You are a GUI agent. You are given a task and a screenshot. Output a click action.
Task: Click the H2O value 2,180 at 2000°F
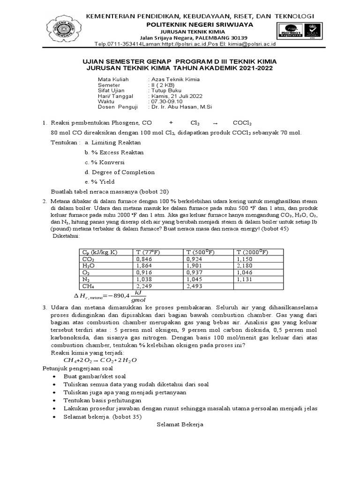click(x=244, y=265)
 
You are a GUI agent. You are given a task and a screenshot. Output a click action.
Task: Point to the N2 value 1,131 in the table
click(x=244, y=279)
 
